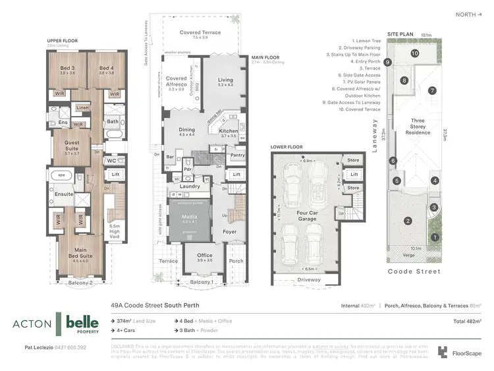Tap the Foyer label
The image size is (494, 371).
(229, 232)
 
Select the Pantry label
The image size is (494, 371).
(238, 156)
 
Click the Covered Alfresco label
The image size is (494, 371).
(176, 82)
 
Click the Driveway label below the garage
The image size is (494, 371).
(308, 280)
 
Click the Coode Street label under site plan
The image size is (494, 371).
(414, 271)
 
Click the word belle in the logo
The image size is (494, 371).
(82, 322)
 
